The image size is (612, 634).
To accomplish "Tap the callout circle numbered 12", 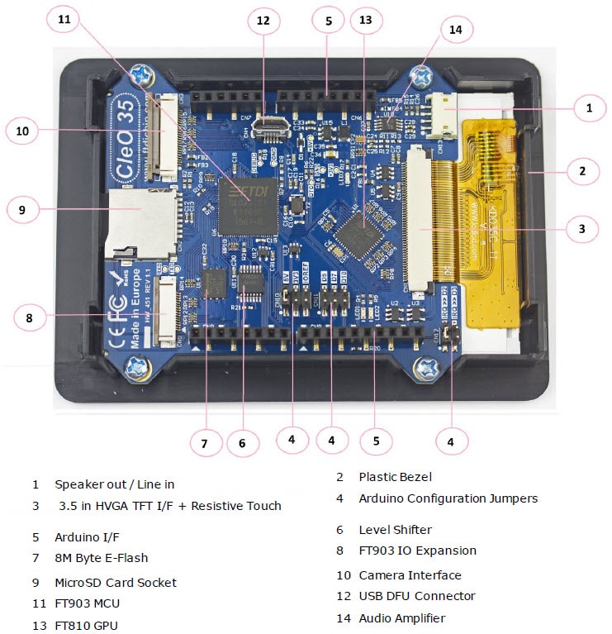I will [x=263, y=21].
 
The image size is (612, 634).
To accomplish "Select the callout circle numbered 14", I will [x=456, y=31].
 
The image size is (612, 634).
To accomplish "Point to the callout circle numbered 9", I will [x=22, y=210].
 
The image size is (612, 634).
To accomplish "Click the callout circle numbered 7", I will [x=205, y=442].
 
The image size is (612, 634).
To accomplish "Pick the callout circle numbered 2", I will [x=582, y=172].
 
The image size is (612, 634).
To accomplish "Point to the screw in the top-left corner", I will [x=143, y=79].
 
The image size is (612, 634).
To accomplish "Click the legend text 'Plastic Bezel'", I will [x=395, y=477].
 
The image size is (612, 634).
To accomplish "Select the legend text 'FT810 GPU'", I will [x=86, y=625].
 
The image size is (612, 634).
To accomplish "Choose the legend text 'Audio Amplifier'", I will [x=401, y=617].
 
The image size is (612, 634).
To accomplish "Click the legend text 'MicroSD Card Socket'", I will [x=116, y=582].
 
